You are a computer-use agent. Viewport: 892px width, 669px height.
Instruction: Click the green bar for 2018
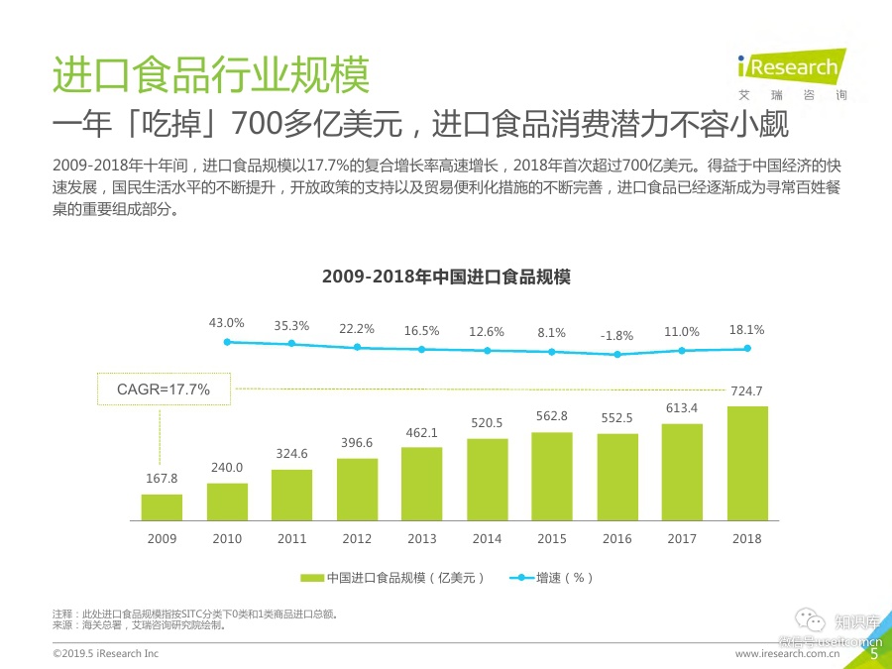tap(746, 463)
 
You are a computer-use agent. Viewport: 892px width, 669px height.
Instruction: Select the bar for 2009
tap(162, 507)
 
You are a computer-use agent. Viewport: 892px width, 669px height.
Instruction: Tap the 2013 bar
tap(421, 484)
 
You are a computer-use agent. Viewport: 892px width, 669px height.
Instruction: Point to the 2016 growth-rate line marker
tap(616, 354)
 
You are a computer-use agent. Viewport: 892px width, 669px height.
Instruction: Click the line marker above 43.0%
tap(227, 342)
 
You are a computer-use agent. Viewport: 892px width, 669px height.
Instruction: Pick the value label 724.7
tap(746, 391)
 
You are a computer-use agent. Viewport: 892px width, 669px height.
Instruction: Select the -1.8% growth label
tap(616, 335)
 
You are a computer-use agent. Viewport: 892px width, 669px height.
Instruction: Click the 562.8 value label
tap(552, 417)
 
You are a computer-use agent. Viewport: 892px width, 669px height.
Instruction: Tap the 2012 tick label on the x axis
tap(357, 538)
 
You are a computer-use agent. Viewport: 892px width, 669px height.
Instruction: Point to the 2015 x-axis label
tap(552, 538)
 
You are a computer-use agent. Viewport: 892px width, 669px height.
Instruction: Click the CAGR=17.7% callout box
tap(164, 390)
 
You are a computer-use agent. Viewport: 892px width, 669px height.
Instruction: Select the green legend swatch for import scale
tap(311, 577)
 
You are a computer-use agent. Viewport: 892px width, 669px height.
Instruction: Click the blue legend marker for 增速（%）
tap(519, 577)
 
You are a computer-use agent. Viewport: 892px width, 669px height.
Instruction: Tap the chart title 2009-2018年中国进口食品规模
tap(446, 278)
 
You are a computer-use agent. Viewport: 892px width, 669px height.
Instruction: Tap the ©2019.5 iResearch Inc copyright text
tap(105, 654)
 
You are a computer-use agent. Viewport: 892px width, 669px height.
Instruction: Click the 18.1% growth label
tap(746, 329)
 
